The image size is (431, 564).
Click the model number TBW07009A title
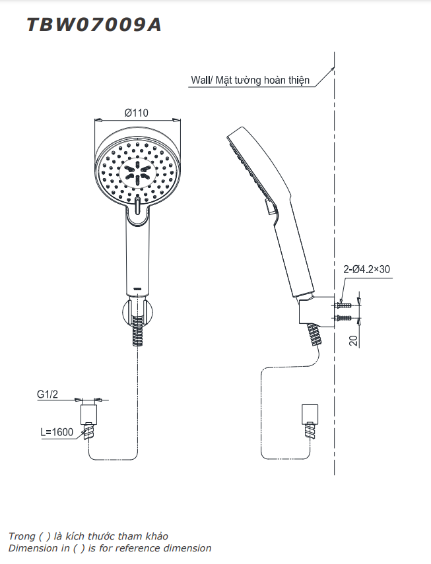click(x=94, y=24)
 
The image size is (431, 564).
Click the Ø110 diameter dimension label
click(x=137, y=113)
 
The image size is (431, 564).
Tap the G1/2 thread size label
click(x=48, y=394)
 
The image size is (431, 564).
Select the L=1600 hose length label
click(x=57, y=433)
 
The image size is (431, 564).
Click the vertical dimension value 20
click(x=354, y=340)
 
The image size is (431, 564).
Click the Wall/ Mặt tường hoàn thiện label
click(x=250, y=80)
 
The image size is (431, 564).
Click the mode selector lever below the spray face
click(x=137, y=209)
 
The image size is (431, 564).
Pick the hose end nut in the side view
click(x=308, y=414)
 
